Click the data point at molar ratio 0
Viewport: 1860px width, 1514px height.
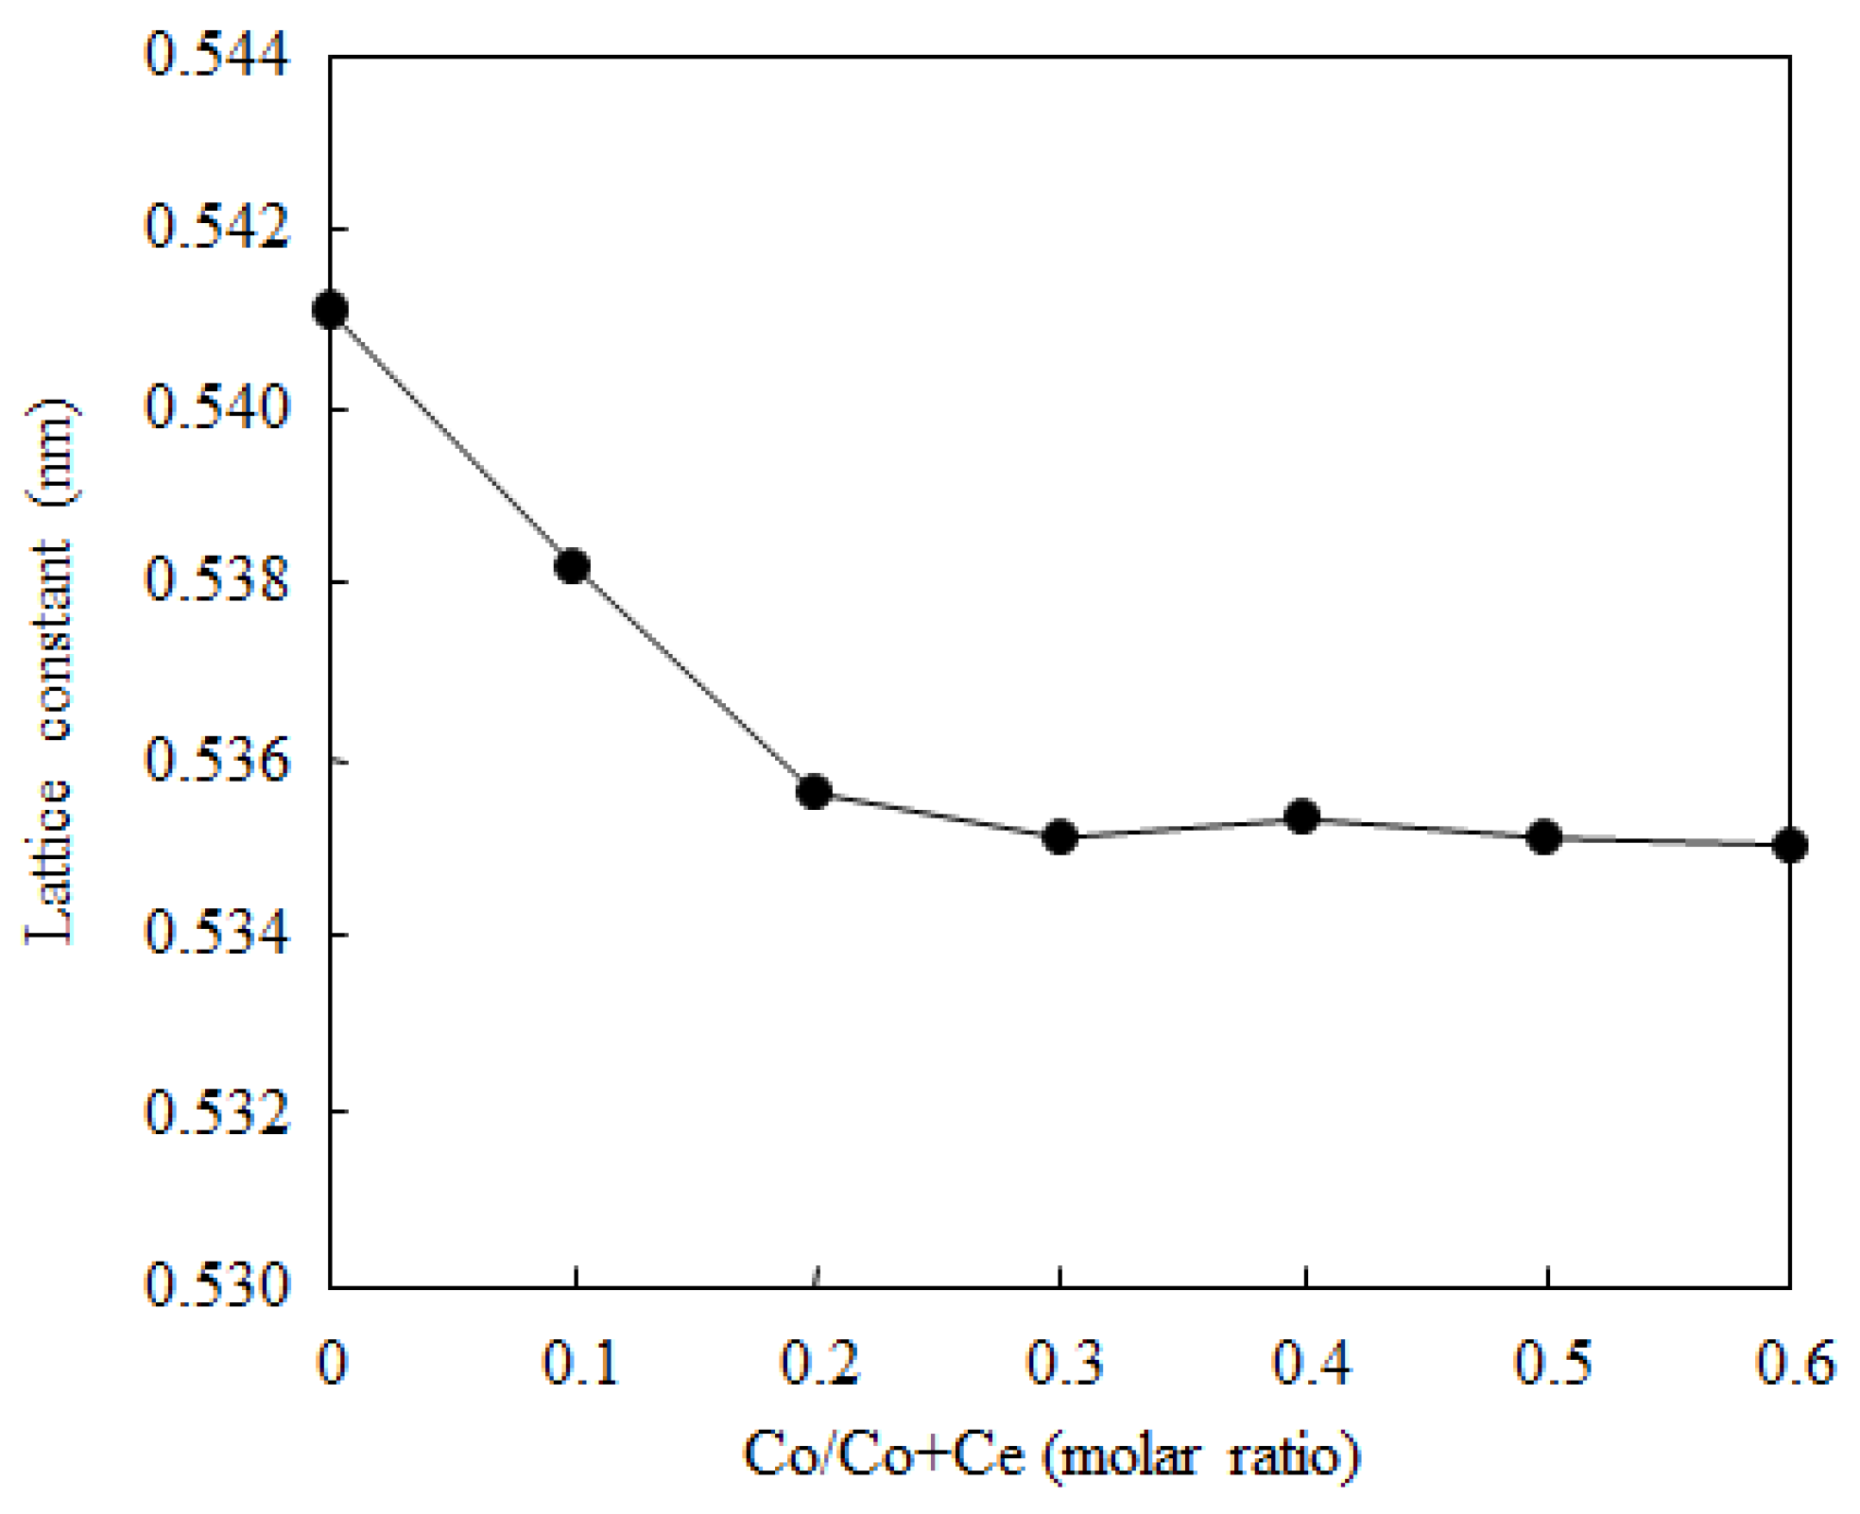(330, 309)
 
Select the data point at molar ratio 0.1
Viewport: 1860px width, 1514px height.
(573, 566)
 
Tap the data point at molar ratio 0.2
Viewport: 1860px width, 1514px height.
(814, 791)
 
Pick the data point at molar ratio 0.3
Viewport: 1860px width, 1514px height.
(1060, 836)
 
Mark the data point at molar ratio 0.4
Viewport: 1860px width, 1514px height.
(1302, 817)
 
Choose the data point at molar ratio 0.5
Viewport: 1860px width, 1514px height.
(1544, 836)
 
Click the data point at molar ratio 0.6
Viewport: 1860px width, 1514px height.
(1789, 845)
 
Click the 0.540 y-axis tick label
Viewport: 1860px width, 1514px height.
(216, 408)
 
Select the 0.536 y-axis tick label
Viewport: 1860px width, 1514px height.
(216, 761)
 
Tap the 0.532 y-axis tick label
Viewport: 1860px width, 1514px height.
(216, 1112)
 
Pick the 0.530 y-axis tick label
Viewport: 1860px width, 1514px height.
(216, 1287)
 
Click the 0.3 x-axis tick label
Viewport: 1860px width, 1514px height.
(1064, 1364)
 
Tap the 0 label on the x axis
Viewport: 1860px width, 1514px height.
(332, 1364)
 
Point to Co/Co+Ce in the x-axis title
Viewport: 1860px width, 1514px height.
(884, 1454)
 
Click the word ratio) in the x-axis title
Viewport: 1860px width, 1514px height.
(1294, 1454)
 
